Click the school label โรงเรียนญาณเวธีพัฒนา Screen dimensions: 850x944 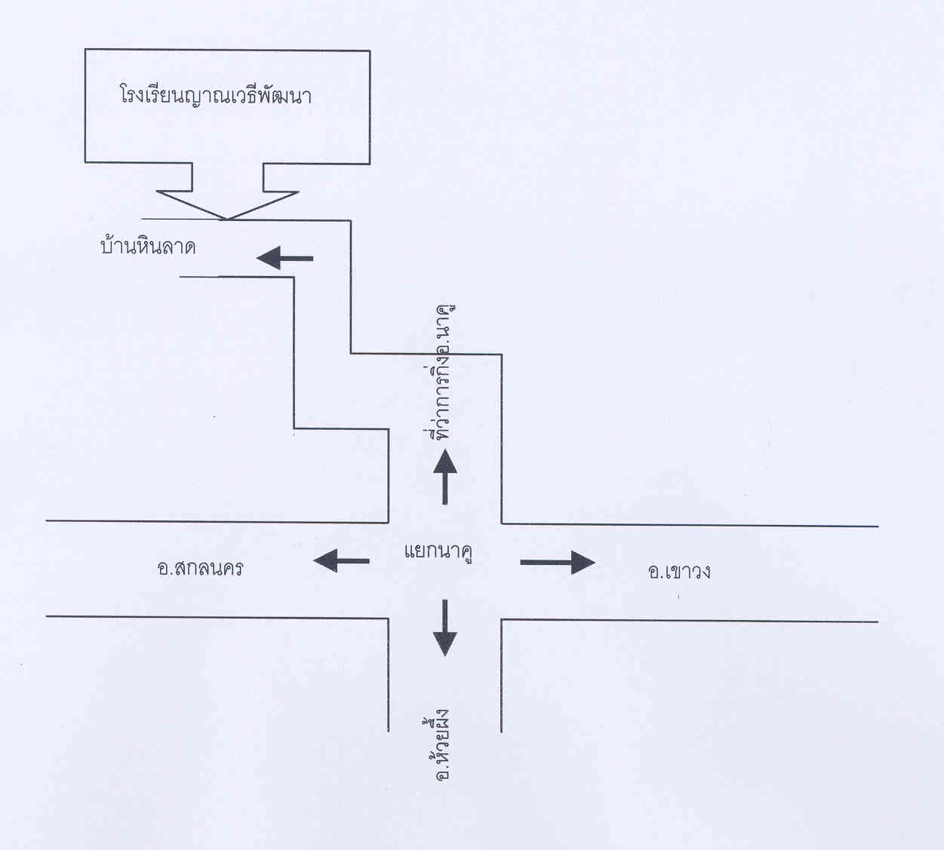pyautogui.click(x=216, y=96)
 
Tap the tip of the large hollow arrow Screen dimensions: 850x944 pyautogui.click(x=226, y=219)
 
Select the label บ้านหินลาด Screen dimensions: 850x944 pyautogui.click(x=148, y=246)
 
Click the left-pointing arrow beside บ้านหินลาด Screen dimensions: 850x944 pyautogui.click(x=284, y=259)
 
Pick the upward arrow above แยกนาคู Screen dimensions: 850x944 pyautogui.click(x=444, y=476)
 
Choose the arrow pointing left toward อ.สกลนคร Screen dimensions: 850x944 pyautogui.click(x=341, y=560)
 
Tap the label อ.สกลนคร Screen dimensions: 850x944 pyautogui.click(x=200, y=567)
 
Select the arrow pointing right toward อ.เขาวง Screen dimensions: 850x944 pyautogui.click(x=558, y=562)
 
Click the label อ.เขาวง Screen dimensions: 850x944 pyautogui.click(x=679, y=571)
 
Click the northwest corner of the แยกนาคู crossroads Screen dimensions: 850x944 pyautogui.click(x=389, y=522)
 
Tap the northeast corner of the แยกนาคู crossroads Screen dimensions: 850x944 pyautogui.click(x=502, y=523)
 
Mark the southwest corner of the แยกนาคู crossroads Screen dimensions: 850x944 pyautogui.click(x=389, y=618)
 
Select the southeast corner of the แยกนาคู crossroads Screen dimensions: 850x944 pyautogui.click(x=502, y=620)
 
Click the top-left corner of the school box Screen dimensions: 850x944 pyautogui.click(x=85, y=50)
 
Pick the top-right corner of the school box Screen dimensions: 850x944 pyautogui.click(x=370, y=51)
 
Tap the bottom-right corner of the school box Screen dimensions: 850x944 pyautogui.click(x=370, y=163)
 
